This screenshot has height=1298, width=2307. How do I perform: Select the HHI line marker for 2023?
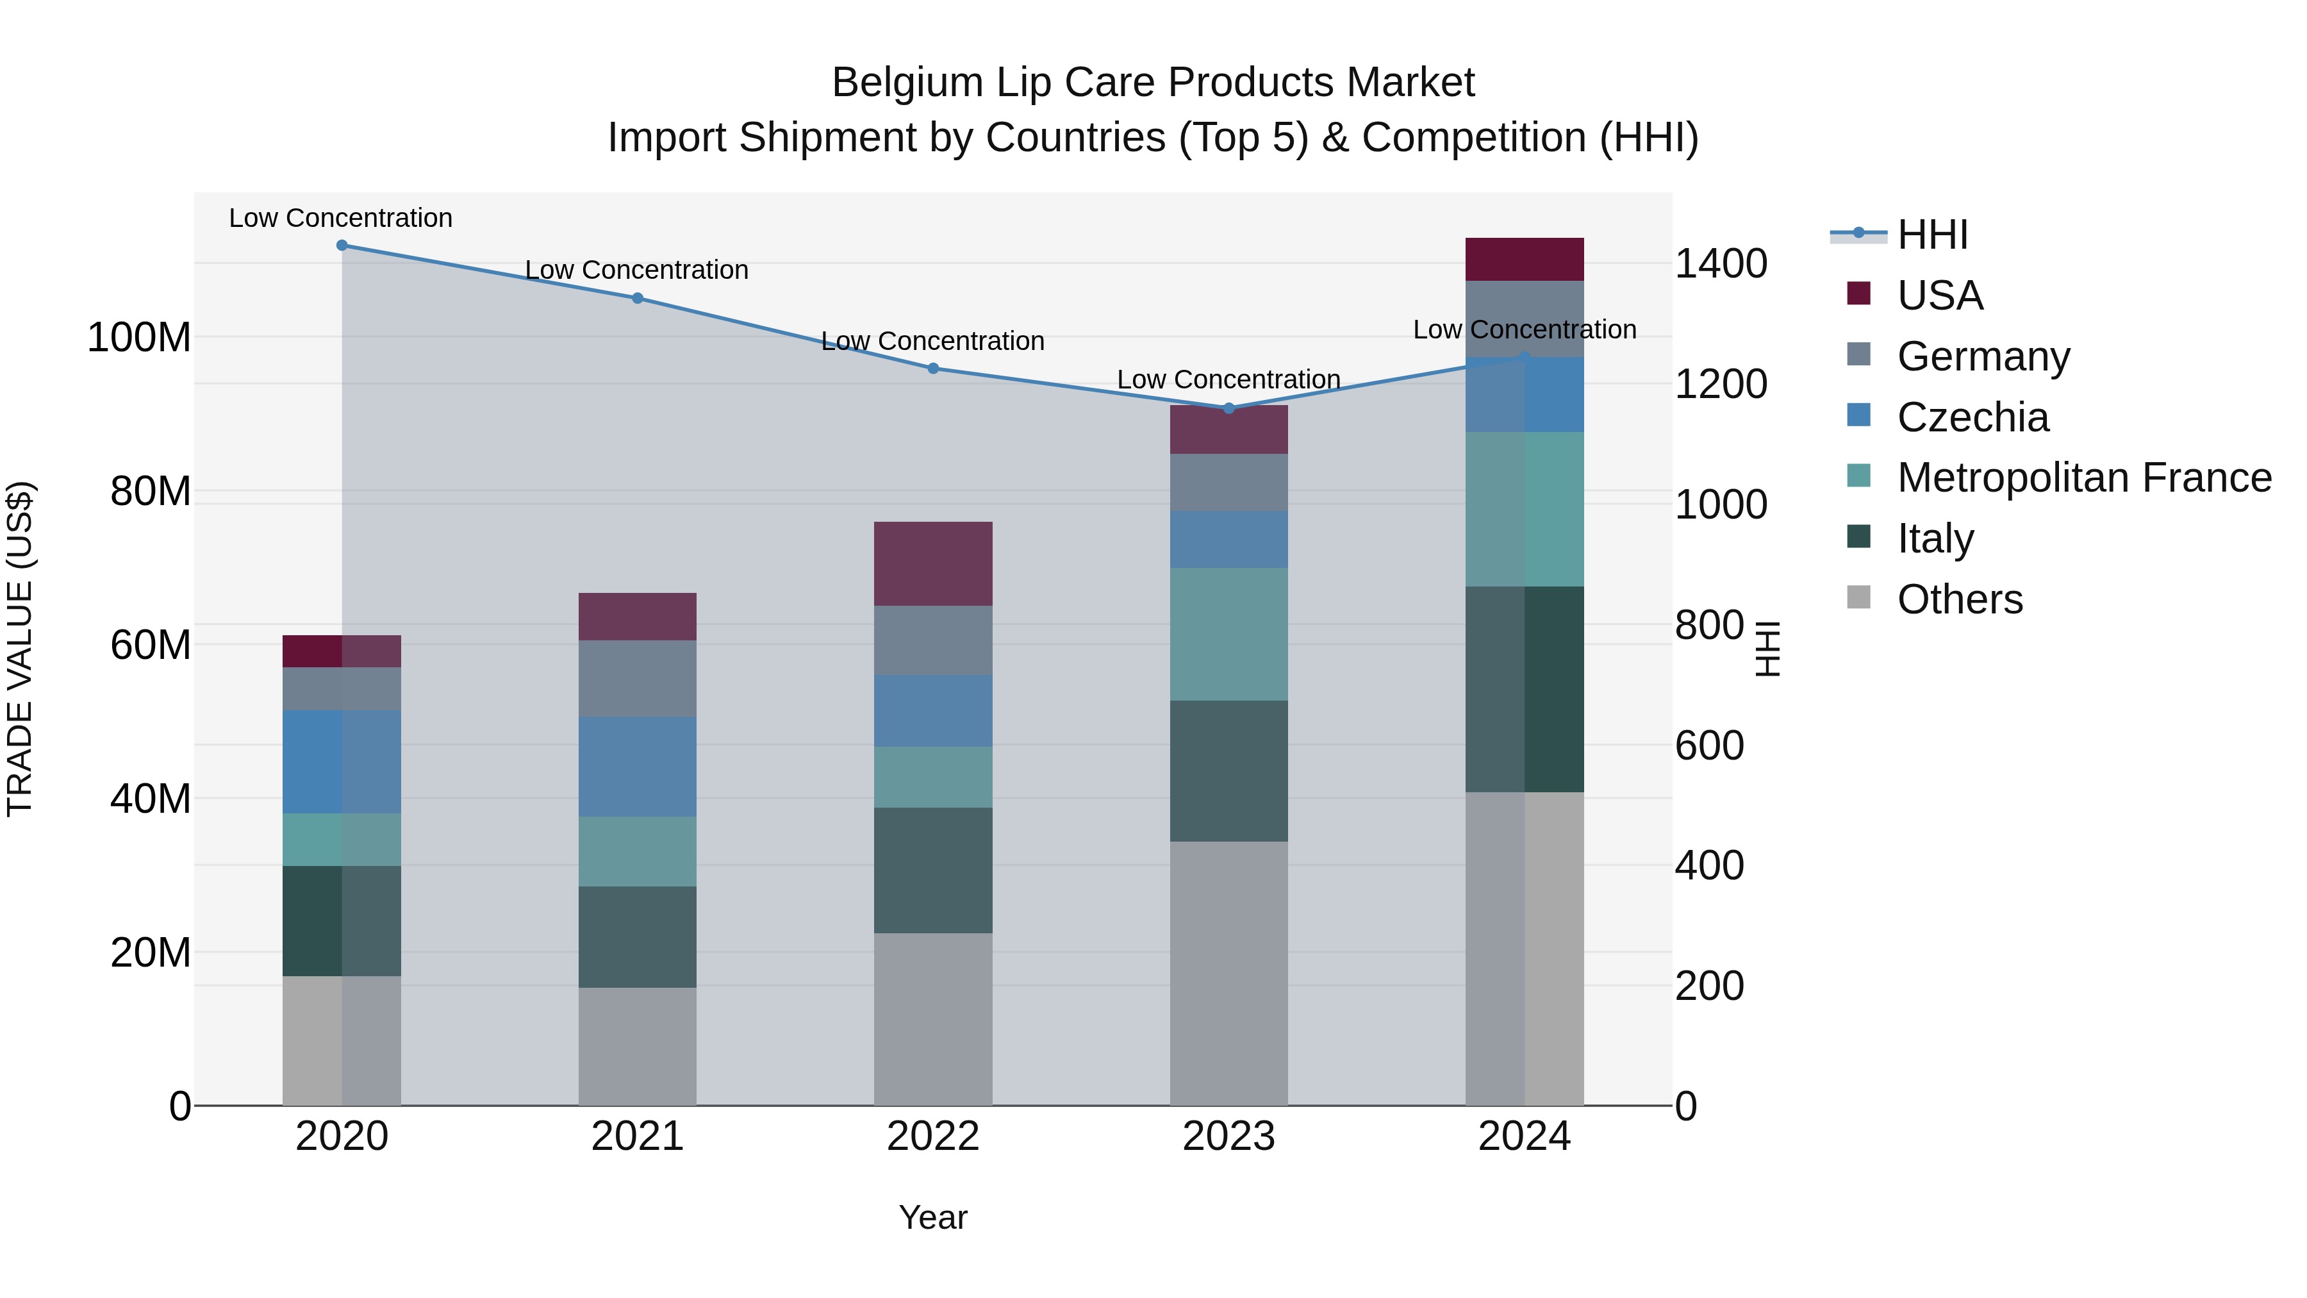coord(1228,408)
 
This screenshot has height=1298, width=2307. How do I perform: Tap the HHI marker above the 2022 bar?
coord(933,368)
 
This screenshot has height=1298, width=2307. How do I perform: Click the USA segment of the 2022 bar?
coord(933,563)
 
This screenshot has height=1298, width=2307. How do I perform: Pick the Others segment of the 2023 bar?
coord(1228,973)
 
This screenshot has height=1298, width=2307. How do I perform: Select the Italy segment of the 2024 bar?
coord(1525,689)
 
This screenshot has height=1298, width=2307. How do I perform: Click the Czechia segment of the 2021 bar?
coord(637,766)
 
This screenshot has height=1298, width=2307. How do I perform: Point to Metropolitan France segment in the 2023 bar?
coord(1228,634)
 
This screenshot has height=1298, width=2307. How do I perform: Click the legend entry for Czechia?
coord(1972,417)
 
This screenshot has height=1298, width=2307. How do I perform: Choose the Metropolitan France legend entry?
coord(2083,478)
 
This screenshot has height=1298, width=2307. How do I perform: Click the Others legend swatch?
coord(1859,597)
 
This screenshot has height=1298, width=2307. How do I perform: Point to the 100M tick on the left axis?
coord(139,338)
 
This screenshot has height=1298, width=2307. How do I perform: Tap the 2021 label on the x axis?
coord(637,1136)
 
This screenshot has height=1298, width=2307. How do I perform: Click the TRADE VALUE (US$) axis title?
coord(20,649)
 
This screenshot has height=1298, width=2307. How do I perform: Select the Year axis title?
coord(933,1217)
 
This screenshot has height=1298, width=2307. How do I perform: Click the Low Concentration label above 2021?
coord(637,270)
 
